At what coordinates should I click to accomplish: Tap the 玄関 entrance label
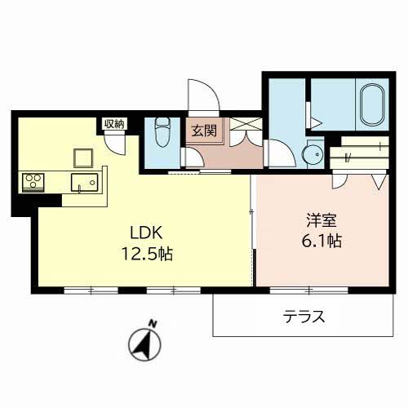coord(203,129)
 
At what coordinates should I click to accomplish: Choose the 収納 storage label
coord(113,123)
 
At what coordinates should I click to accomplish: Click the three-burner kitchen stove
coord(33,180)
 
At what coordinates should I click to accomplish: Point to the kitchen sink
coord(83,182)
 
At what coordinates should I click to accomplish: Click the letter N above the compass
coord(152,323)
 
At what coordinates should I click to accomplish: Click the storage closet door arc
coord(117,144)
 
